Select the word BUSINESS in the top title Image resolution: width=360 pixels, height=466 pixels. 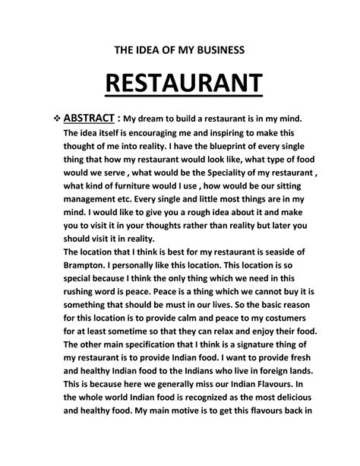[213, 50]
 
